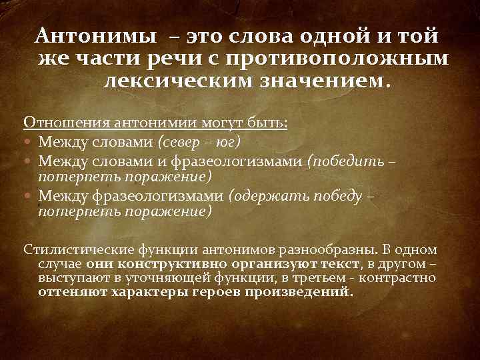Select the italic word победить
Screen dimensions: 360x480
349,161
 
